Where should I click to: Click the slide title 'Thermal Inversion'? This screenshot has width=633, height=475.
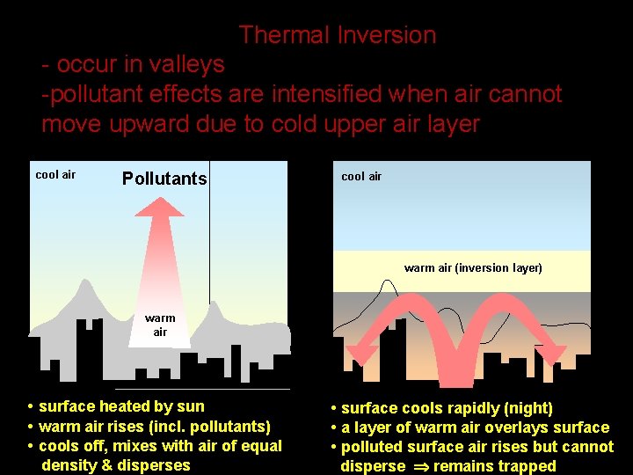click(x=337, y=35)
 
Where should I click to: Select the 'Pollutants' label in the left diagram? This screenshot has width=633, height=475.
click(x=164, y=179)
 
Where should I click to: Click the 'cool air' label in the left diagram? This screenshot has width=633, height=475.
click(x=55, y=174)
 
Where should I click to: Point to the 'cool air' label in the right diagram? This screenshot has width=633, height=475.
click(x=361, y=176)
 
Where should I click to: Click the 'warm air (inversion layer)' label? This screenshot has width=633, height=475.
click(x=473, y=267)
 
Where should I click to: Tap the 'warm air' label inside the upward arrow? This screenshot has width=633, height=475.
click(x=160, y=325)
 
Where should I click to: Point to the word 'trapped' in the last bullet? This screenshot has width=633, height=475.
click(x=524, y=466)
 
